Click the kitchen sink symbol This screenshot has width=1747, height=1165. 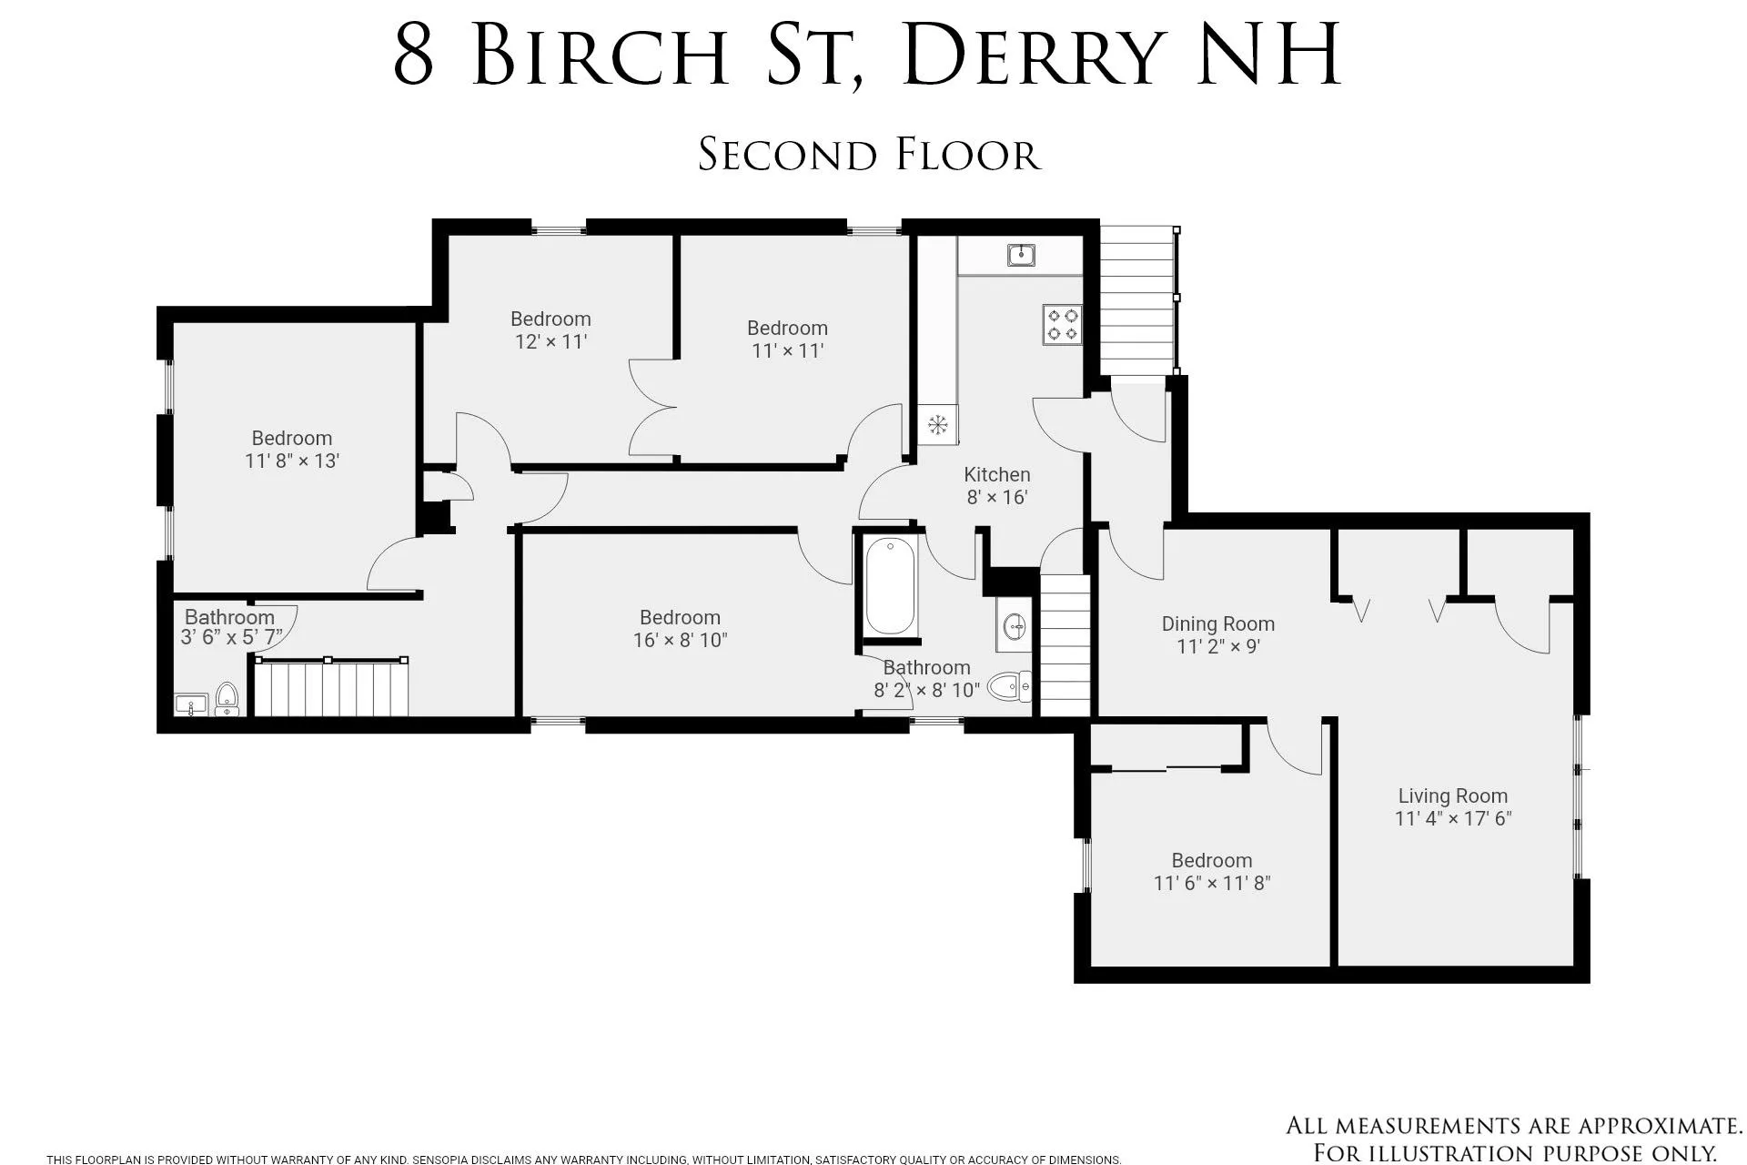1022,255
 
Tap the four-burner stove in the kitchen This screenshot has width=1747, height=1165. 1062,325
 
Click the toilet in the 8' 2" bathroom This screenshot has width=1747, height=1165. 1009,685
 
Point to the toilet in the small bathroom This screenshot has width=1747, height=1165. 227,698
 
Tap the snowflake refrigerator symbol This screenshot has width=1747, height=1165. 937,424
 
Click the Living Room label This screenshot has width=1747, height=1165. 1452,795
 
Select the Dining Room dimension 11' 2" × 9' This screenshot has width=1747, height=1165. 1217,646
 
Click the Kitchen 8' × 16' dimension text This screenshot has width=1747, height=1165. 996,497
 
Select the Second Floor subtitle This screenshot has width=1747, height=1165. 869,155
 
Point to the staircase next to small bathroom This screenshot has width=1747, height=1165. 329,688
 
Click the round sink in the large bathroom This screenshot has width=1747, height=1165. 1014,626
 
